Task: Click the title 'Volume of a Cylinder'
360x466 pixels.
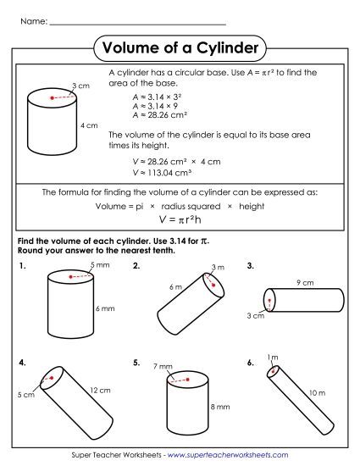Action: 179,48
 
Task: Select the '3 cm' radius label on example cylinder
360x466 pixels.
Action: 80,86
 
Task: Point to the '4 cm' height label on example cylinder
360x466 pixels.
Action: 89,125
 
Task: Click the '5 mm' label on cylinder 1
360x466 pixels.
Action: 100,266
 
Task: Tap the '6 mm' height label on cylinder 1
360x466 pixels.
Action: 104,308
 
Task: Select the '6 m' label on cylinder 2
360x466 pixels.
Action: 175,287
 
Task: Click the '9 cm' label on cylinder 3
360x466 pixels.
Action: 305,282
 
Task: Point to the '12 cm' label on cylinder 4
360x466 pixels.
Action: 99,391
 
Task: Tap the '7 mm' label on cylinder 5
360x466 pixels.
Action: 163,366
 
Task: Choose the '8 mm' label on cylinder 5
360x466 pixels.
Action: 219,407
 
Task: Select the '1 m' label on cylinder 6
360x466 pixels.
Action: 272,358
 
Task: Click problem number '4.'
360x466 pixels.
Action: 21,363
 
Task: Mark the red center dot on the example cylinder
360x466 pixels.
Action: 53,99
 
